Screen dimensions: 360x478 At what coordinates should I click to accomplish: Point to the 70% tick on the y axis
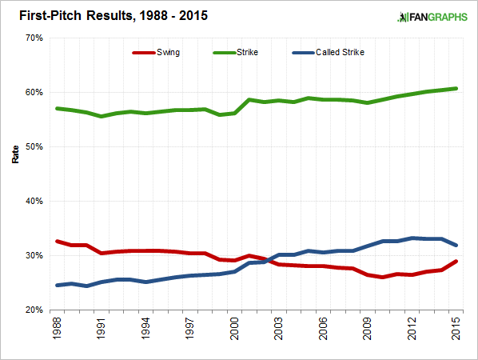pyautogui.click(x=33, y=38)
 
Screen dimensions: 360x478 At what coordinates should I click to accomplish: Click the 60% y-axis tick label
pyautogui.click(x=33, y=92)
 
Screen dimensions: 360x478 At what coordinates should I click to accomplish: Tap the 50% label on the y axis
pyautogui.click(x=33, y=146)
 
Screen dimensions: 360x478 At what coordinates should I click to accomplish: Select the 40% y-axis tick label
pyautogui.click(x=33, y=201)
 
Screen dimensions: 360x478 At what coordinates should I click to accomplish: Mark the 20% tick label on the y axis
pyautogui.click(x=33, y=310)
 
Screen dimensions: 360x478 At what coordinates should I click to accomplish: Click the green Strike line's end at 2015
pyautogui.click(x=456, y=89)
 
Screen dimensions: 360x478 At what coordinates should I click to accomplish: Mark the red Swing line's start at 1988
pyautogui.click(x=56, y=241)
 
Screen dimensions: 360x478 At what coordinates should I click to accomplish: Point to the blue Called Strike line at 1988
pyautogui.click(x=56, y=285)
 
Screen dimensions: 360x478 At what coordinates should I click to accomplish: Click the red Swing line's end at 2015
pyautogui.click(x=456, y=262)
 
